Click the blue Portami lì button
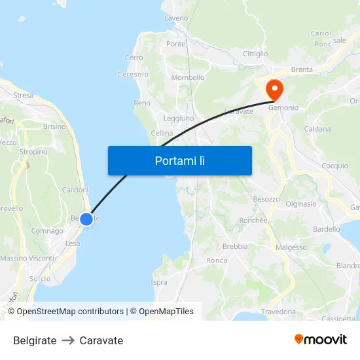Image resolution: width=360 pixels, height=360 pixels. (x=179, y=160)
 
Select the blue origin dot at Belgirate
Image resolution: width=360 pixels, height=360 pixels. (x=86, y=219)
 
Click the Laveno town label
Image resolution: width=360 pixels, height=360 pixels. (x=176, y=18)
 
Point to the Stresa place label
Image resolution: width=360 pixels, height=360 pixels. (x=23, y=96)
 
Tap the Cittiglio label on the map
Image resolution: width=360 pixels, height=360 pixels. (x=255, y=54)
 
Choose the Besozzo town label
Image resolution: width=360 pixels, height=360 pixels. (x=266, y=199)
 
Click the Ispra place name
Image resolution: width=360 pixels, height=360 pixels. (x=159, y=283)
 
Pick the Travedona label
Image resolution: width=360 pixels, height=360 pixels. (x=278, y=312)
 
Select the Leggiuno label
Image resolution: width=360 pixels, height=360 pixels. (x=178, y=118)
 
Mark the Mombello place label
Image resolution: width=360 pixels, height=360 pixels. (x=188, y=78)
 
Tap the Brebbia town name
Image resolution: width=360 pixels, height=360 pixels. (x=235, y=247)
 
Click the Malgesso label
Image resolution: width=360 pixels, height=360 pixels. (x=291, y=247)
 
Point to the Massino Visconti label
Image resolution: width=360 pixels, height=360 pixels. (x=27, y=259)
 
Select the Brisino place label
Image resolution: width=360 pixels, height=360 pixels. (x=54, y=127)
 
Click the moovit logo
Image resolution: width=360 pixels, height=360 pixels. (x=321, y=340)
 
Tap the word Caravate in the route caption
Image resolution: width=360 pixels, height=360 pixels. (x=101, y=340)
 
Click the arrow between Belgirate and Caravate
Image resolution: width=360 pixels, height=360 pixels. (x=68, y=340)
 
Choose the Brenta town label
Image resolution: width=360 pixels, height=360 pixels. (x=302, y=69)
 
